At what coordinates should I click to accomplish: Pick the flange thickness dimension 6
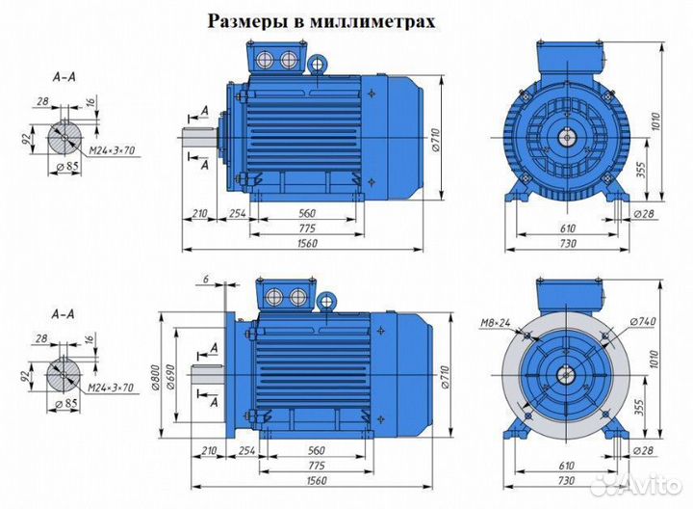[206, 279]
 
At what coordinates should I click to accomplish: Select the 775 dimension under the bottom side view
[305, 463]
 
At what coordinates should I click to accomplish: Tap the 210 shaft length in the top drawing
[200, 214]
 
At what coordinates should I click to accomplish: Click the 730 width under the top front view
[568, 245]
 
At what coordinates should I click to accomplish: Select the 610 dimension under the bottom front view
[567, 464]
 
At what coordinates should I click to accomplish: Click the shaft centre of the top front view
[568, 138]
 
